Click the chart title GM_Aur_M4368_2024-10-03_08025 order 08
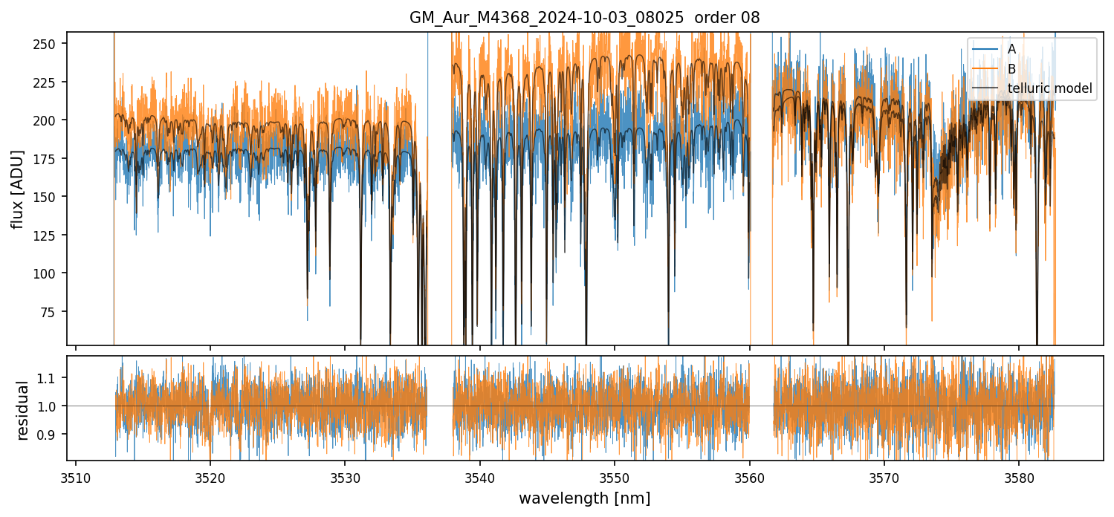pos(584,18)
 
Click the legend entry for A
pos(1011,50)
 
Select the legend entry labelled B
pos(1011,69)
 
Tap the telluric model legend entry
pos(1049,88)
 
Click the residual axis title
pos(22,410)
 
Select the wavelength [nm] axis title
pos(584,498)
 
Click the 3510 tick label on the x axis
pos(76,477)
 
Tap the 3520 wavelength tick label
pos(210,477)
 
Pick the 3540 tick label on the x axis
pos(480,477)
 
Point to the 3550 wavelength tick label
pos(615,477)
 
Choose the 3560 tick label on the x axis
pos(749,477)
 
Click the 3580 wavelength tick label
pos(1018,477)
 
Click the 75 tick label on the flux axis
pos(53,312)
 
